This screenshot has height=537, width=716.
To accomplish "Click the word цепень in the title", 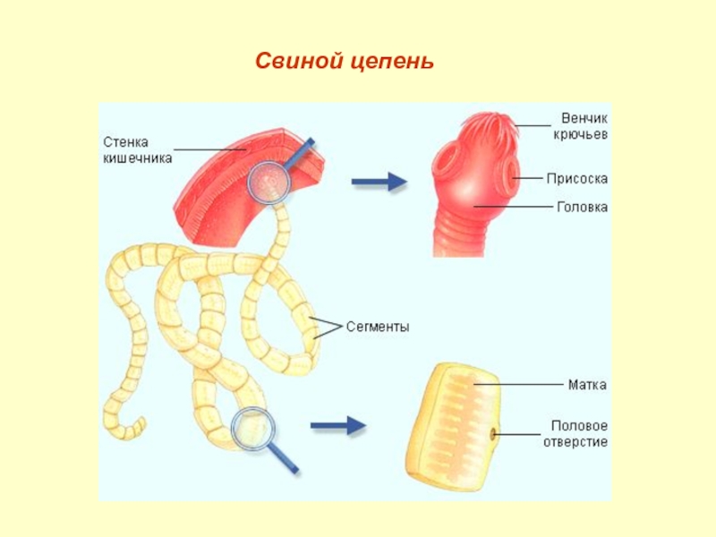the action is (x=393, y=62).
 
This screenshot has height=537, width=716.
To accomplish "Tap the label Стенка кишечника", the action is (x=138, y=150).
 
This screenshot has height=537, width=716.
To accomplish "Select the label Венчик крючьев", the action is (x=580, y=126).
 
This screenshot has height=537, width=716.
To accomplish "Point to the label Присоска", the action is (x=577, y=178).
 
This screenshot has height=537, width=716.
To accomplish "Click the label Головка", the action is (x=583, y=208).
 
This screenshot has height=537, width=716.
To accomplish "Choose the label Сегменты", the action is (x=378, y=327).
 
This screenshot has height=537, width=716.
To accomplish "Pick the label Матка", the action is (x=587, y=385).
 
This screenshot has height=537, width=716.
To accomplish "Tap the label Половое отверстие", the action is (x=575, y=434).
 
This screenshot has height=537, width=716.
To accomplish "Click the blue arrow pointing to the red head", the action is (x=379, y=182).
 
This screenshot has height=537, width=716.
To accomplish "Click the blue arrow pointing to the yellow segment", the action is (x=338, y=426).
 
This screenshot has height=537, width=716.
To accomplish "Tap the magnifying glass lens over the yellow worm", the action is (x=253, y=430).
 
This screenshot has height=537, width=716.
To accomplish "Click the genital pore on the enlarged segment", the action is (x=493, y=434).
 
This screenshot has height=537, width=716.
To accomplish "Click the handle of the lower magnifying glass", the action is (x=283, y=458).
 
